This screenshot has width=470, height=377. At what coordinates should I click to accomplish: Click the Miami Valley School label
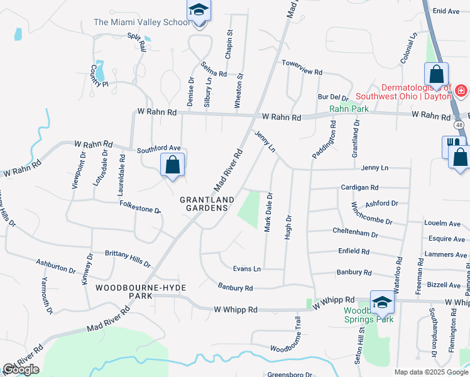coord(141,22)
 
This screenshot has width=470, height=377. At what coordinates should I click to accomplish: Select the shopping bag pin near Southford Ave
coord(173,166)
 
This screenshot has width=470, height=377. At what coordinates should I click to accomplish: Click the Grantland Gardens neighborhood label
coord(207,204)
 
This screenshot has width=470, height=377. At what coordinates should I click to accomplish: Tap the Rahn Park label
coord(349,109)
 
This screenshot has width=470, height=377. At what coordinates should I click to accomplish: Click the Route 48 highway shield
coord(460,125)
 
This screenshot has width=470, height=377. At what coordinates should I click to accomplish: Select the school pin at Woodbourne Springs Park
coord(381,303)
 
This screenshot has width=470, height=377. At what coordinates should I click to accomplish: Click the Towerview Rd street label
coord(302,64)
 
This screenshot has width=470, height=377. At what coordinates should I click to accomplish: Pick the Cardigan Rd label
coord(359,187)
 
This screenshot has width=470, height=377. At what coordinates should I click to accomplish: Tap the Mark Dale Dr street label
coord(268,212)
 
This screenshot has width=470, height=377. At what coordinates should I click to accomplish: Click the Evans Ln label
coord(247,268)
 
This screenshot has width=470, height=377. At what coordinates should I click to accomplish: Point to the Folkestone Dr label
coord(140,207)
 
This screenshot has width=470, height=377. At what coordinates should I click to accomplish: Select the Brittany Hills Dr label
coord(128,258)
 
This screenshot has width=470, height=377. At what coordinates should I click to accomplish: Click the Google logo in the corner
coord(21,369)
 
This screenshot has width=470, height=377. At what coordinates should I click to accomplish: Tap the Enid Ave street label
coord(447,11)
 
